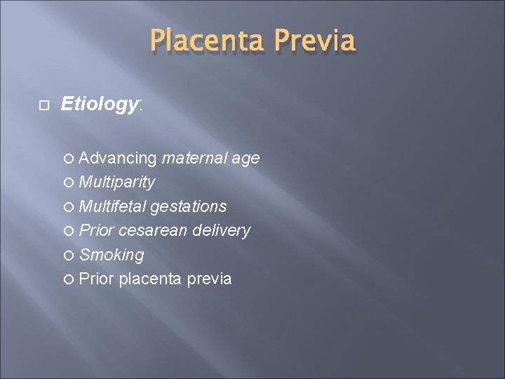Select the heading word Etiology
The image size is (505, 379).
100,105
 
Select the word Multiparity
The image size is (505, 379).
117,182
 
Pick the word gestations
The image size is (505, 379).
187,206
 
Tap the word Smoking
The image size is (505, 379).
112,254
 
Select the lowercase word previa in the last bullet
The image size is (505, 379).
208,279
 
